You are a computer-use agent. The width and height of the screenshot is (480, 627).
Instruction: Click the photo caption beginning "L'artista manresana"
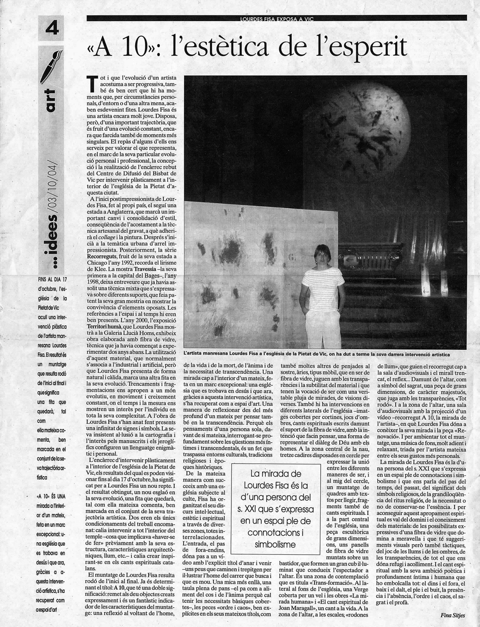coord(317,354)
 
